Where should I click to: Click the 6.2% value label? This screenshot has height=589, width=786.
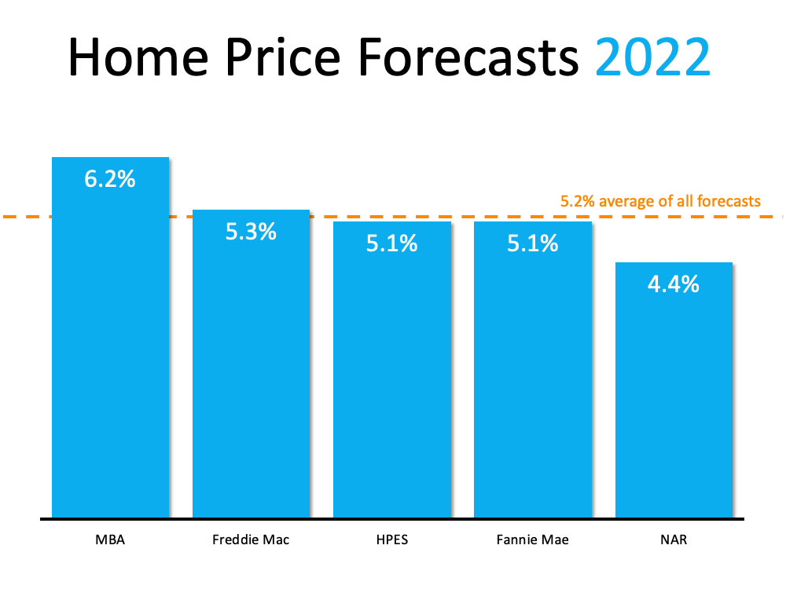pos(110,179)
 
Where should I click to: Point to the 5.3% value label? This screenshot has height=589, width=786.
pos(251,232)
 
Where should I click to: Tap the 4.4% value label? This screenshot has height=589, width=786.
pos(674,284)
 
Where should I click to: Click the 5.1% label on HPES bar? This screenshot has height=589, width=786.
pos(391,243)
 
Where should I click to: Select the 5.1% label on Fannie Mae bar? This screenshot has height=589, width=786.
pos(532,243)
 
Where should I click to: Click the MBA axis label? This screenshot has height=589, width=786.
pos(110,540)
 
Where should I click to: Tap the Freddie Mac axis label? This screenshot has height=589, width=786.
pos(251,540)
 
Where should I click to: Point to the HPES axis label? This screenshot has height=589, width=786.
pos(391,540)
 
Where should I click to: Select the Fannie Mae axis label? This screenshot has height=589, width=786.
pos(532,540)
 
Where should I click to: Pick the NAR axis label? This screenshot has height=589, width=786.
pos(674,540)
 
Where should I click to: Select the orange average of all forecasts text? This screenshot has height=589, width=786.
pos(660,201)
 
